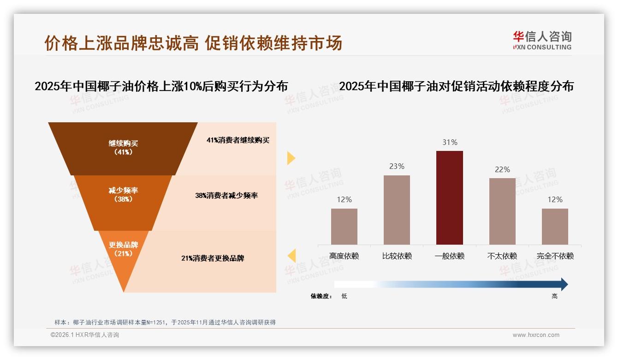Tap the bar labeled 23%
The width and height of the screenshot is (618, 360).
pyautogui.click(x=397, y=210)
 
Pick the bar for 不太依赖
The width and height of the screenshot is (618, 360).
pyautogui.click(x=502, y=211)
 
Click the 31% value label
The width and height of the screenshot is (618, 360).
pyautogui.click(x=450, y=143)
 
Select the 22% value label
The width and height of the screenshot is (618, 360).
pyautogui.click(x=502, y=170)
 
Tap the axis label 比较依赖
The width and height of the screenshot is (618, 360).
pyautogui.click(x=397, y=256)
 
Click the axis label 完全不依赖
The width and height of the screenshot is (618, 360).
pyautogui.click(x=555, y=256)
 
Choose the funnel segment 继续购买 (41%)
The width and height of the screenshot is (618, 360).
pyautogui.click(x=123, y=148)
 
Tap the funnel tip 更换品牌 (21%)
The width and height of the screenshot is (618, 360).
pyautogui.click(x=124, y=252)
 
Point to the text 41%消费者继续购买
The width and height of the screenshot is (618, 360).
pyautogui.click(x=238, y=140)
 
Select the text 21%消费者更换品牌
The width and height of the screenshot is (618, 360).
pyautogui.click(x=213, y=258)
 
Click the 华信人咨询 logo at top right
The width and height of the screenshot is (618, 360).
pyautogui.click(x=542, y=40)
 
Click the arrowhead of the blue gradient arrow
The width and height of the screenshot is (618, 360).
pyautogui.click(x=564, y=284)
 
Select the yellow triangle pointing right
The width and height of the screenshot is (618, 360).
pyautogui.click(x=291, y=158)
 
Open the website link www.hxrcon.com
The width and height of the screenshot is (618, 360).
pyautogui.click(x=536, y=335)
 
